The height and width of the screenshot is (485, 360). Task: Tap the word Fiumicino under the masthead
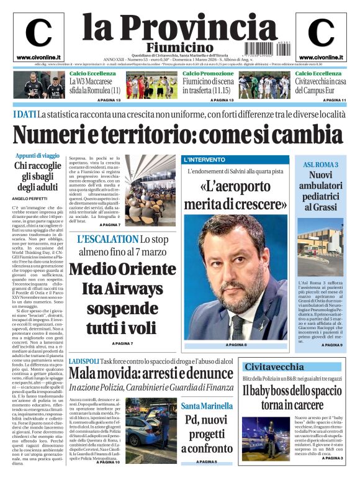click(179, 47)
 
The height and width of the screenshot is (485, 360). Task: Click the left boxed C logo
click(38, 32)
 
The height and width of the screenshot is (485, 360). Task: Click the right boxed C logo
click(321, 32)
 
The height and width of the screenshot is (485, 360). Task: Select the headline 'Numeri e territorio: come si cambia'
click(178, 134)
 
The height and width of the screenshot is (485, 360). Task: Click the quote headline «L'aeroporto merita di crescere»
click(235, 194)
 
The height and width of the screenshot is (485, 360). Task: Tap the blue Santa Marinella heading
click(208, 406)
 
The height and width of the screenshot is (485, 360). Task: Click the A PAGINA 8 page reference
click(236, 345)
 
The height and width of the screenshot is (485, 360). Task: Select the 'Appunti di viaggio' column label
click(37, 156)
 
